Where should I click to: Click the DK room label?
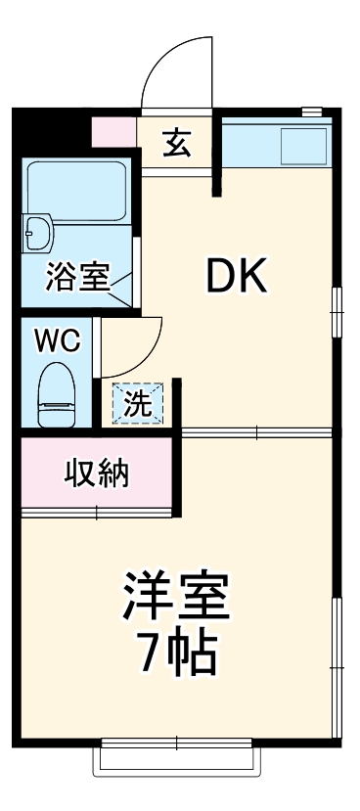[x=235, y=279]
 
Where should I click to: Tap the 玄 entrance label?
[x=176, y=143]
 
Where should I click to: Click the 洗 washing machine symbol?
[x=138, y=403]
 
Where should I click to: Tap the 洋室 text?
[x=176, y=597]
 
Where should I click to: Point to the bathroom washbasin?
[x=40, y=232]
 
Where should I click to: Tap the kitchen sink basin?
[x=302, y=147]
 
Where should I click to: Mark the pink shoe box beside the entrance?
[x=114, y=132]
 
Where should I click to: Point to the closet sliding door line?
[x=98, y=511]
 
